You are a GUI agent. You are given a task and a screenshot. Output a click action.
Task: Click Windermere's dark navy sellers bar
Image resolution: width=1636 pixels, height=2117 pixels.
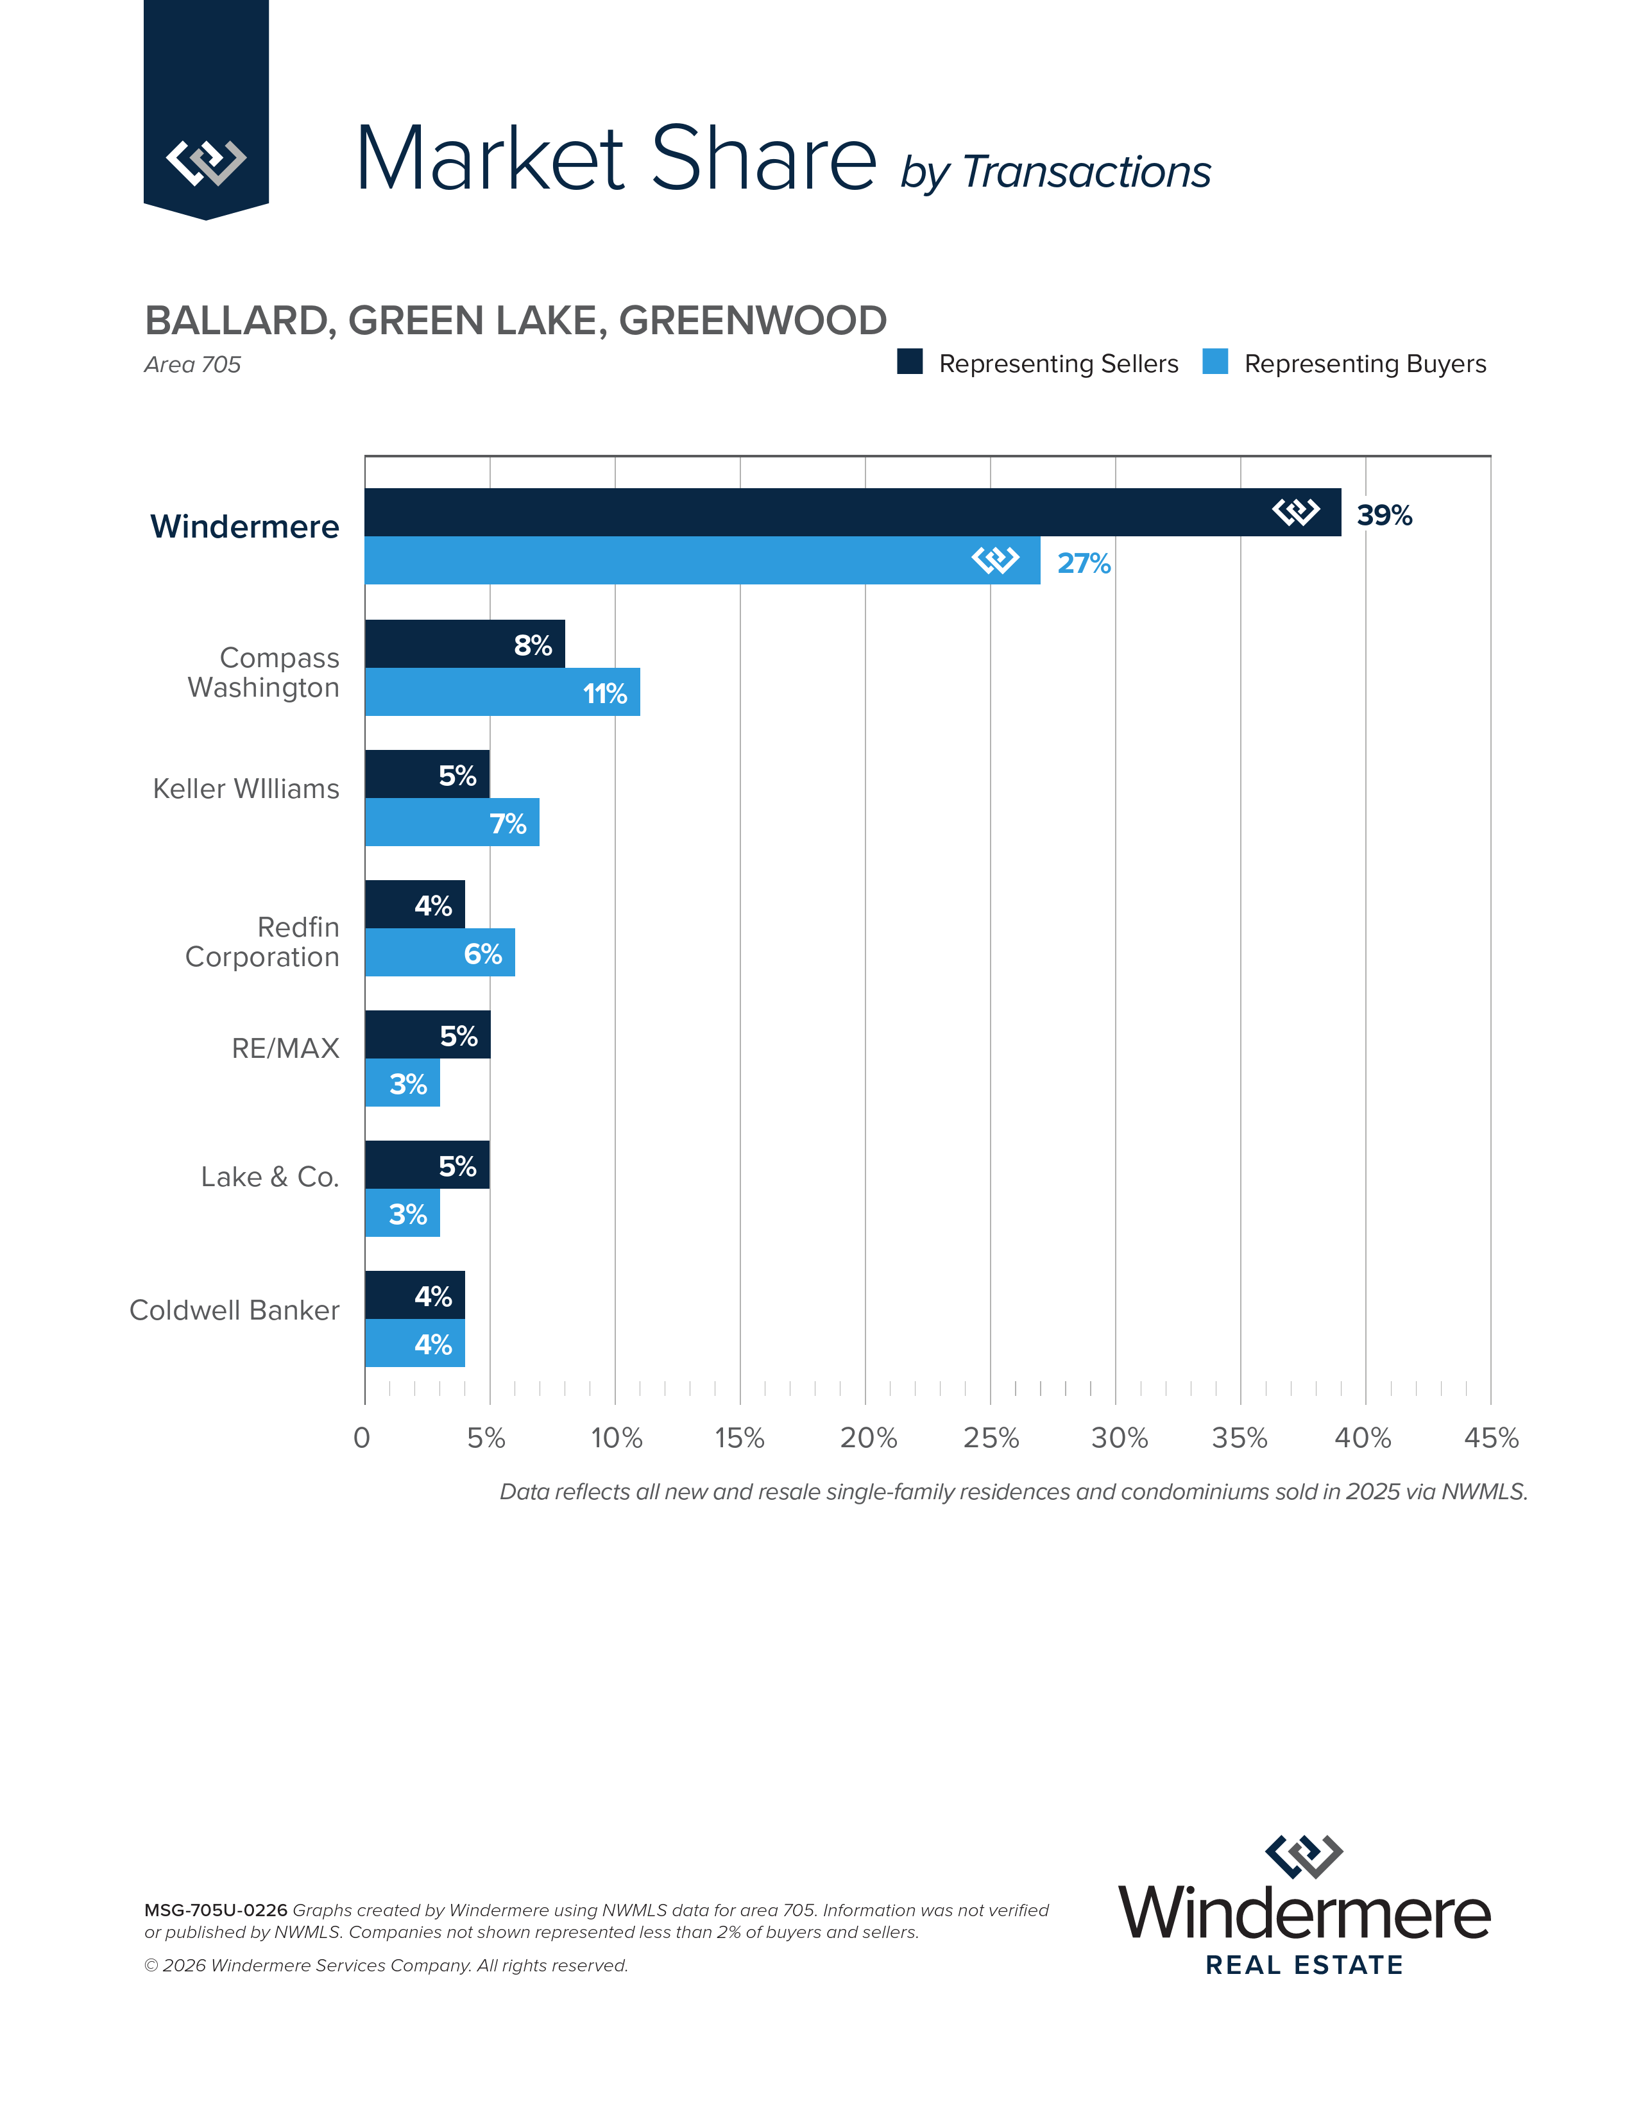tap(814, 512)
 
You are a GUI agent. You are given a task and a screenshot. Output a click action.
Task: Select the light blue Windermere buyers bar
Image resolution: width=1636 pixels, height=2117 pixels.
tap(669, 560)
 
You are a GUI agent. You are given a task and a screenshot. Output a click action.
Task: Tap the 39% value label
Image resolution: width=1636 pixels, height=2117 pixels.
tap(1384, 516)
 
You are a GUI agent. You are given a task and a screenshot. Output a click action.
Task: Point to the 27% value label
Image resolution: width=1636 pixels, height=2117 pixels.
tap(1084, 563)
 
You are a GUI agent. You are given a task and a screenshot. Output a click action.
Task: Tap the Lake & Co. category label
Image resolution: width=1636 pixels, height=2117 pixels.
tap(269, 1177)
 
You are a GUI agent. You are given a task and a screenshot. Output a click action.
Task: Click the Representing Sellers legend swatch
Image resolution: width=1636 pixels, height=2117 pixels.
tap(909, 362)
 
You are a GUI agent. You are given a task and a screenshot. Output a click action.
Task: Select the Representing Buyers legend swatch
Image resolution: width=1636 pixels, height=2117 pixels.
tap(1214, 362)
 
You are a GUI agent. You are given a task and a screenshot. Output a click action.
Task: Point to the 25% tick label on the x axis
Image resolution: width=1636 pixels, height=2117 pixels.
tap(991, 1438)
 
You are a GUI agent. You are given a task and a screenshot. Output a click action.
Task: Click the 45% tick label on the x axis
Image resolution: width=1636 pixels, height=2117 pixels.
tap(1490, 1438)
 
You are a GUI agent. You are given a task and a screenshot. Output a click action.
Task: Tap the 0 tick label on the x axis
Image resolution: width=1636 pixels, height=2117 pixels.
tap(361, 1438)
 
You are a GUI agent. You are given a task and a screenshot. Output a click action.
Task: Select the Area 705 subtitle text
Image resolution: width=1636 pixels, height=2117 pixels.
tap(192, 364)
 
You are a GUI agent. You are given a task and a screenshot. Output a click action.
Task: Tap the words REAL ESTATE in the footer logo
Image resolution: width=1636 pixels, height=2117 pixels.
tap(1304, 1965)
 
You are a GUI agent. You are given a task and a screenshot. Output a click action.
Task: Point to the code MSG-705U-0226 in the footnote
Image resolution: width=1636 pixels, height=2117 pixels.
tap(215, 1910)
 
